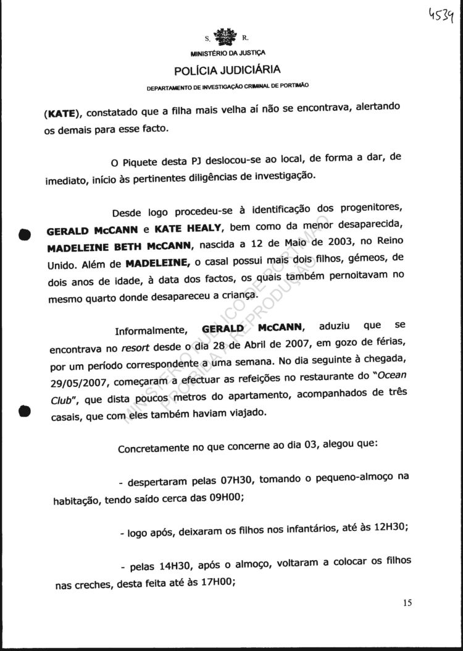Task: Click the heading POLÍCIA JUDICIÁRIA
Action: click(228, 69)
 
